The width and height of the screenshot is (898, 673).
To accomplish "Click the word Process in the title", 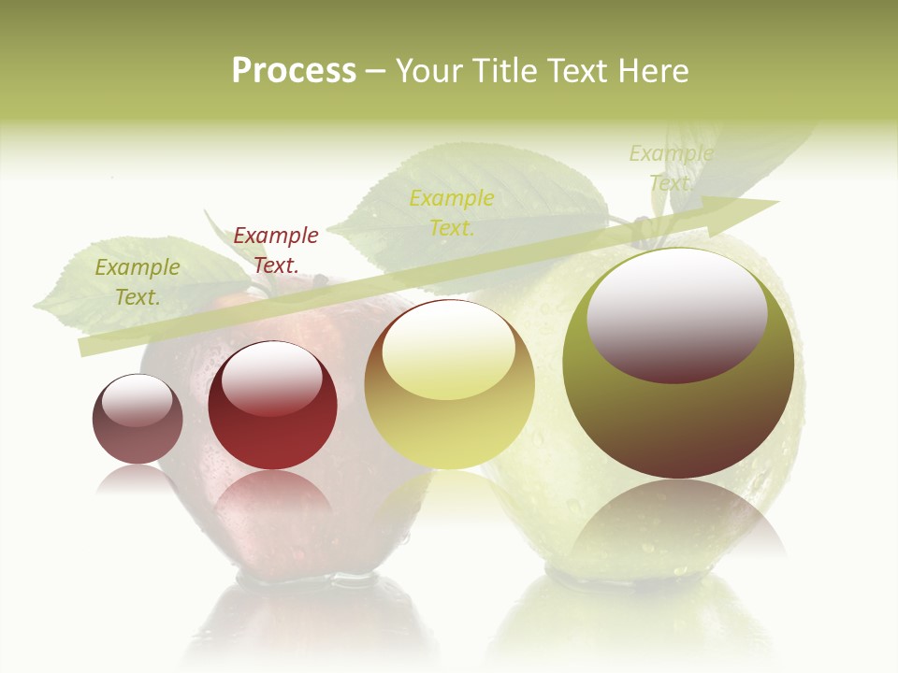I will pos(294,71).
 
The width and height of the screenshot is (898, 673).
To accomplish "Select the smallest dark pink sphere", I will pos(138,420).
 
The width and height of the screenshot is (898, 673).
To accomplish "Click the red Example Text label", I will pos(276,251).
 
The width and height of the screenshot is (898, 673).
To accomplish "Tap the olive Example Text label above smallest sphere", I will pos(138,281).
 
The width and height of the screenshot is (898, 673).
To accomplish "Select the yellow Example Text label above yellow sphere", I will pos(452,212).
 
